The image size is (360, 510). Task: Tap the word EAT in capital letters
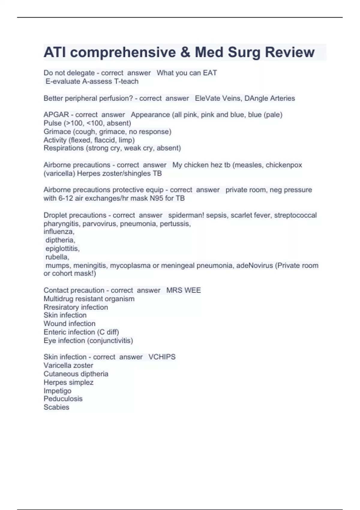(210, 73)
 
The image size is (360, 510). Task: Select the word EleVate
(207, 98)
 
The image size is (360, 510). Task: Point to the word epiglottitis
(62, 249)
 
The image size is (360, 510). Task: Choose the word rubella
(57, 257)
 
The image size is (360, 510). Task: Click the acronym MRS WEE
(183, 290)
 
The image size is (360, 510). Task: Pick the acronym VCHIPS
(162, 357)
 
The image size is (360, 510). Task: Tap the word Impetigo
(57, 391)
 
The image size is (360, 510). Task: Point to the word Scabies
(56, 407)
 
